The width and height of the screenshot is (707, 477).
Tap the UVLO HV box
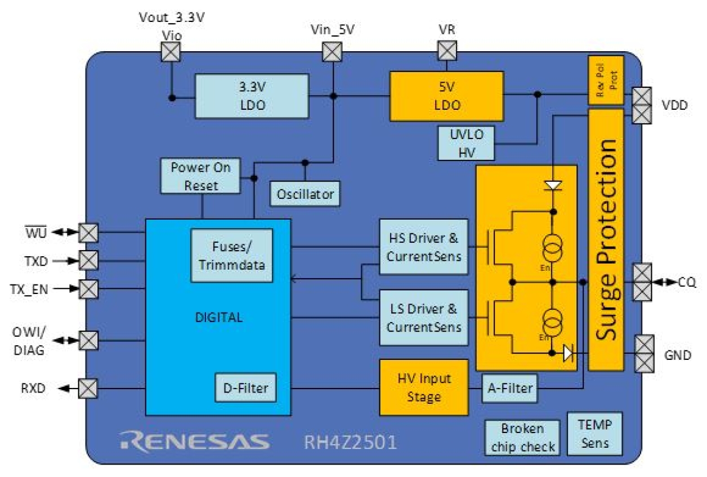point(466,143)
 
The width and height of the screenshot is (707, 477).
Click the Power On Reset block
point(201,176)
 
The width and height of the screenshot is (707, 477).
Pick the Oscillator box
point(306,194)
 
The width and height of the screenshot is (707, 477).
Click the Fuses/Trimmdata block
point(231,255)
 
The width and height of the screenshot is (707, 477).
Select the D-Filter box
point(245,387)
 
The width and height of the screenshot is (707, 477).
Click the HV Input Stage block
point(424,387)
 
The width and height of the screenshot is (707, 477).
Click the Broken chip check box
point(522,438)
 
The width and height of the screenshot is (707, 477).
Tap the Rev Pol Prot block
point(606,79)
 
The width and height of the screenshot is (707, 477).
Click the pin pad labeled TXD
point(88,261)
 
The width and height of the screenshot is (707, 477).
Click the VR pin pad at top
point(447,52)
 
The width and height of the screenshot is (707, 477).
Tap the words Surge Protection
point(606,239)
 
